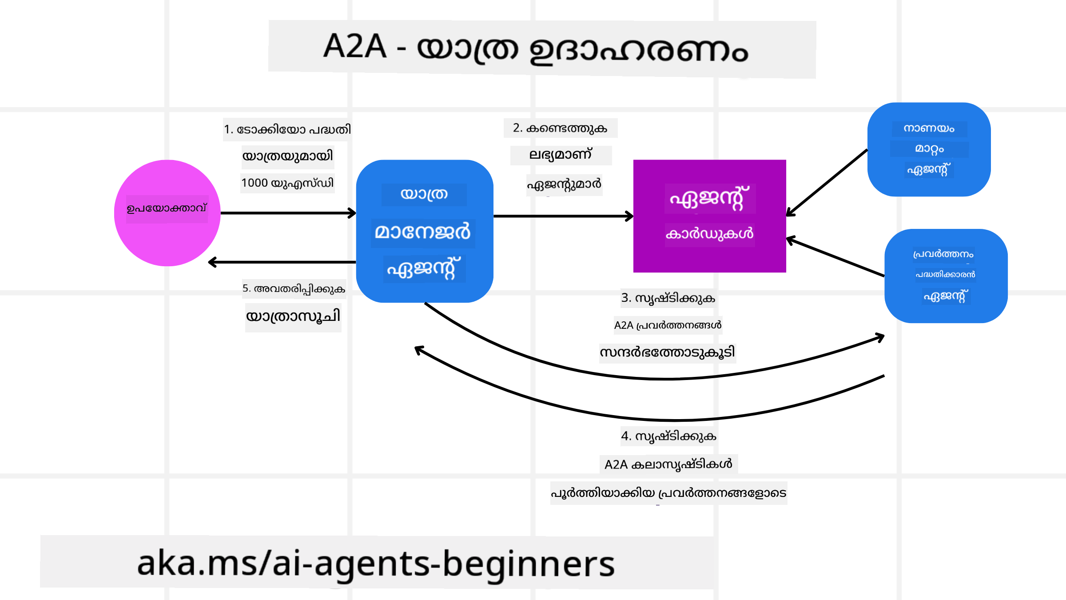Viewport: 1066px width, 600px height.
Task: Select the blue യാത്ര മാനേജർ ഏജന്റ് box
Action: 424,231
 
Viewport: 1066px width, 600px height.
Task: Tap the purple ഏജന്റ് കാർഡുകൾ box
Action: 709,216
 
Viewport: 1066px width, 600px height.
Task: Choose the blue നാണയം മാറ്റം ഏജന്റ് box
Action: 929,149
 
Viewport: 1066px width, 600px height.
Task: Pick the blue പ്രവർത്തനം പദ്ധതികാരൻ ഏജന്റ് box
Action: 946,276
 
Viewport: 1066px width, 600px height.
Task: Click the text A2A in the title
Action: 354,46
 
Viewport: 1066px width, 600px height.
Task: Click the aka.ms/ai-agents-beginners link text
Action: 376,563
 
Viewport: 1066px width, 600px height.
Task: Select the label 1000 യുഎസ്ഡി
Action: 287,183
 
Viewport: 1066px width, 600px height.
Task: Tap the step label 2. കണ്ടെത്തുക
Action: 560,128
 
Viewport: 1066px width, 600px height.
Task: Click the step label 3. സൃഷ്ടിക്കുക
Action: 668,298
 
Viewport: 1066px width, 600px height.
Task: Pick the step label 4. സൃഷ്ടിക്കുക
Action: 668,436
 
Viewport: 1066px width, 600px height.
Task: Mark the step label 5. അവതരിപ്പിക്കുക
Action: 294,288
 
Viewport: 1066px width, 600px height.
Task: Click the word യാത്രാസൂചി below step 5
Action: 293,316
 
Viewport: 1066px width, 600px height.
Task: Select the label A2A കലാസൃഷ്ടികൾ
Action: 668,464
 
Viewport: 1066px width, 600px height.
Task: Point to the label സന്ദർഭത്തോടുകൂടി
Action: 667,352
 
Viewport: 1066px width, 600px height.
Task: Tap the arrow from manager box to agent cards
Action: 563,216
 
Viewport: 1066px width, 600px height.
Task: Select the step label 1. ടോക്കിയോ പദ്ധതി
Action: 287,129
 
